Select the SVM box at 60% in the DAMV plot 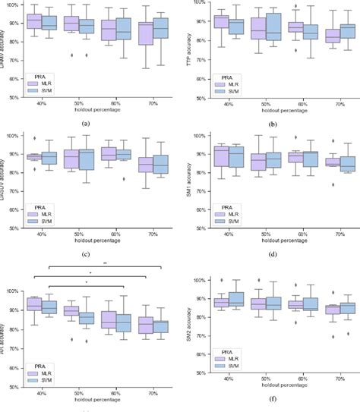123,30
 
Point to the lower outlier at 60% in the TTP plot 295,50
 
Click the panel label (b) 267,124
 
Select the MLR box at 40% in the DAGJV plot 33,157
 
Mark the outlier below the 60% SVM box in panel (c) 123,179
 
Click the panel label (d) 267,253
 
